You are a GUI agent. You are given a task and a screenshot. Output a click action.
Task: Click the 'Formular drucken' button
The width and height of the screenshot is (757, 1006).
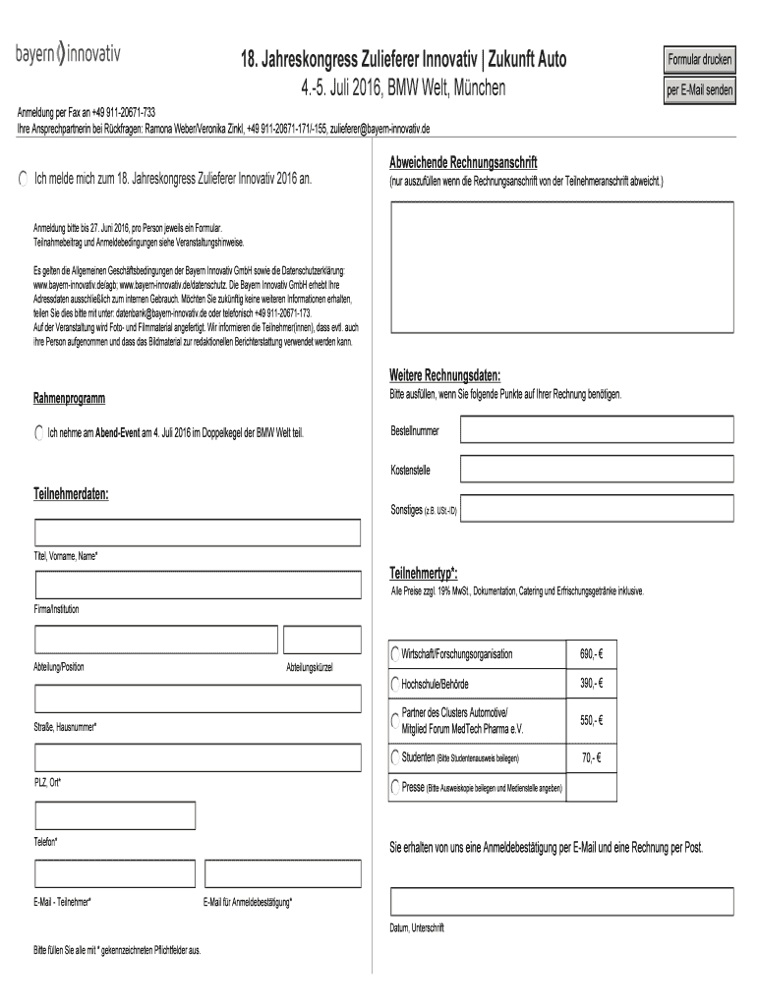(x=700, y=60)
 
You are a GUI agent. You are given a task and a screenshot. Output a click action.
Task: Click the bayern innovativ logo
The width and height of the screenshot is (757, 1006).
(x=67, y=52)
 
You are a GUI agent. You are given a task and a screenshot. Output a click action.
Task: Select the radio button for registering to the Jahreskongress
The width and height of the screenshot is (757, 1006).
(x=24, y=178)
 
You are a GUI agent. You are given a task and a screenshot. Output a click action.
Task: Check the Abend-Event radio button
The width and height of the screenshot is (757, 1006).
(x=38, y=432)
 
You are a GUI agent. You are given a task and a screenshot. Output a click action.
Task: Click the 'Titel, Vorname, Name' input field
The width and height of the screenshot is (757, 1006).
(x=198, y=533)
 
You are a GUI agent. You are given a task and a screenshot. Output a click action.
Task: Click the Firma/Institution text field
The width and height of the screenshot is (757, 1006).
(x=198, y=586)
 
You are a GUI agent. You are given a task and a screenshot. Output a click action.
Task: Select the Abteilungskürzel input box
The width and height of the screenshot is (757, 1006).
(x=321, y=640)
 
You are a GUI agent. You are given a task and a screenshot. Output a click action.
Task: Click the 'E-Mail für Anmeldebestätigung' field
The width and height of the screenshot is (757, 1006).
(x=281, y=872)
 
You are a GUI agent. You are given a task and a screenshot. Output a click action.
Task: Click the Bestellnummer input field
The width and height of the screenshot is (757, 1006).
(x=598, y=430)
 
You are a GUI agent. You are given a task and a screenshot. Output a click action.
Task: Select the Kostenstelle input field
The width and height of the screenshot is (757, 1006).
(x=598, y=469)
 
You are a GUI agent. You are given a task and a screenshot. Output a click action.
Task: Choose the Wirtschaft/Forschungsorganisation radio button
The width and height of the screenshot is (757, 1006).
(x=395, y=655)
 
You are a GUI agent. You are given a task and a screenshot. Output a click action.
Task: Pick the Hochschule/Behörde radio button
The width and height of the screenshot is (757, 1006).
(x=395, y=684)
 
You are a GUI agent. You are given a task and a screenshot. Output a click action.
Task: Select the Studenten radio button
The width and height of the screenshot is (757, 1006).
(x=395, y=757)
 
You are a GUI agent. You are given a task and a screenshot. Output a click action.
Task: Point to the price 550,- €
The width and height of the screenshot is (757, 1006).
(x=590, y=720)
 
